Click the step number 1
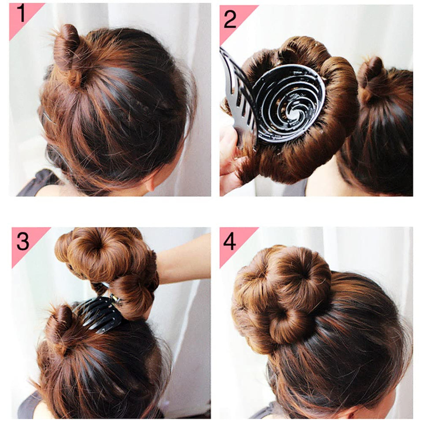(21, 14)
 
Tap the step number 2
(230, 19)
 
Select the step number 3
(22, 241)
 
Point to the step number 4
(230, 242)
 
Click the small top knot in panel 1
(67, 48)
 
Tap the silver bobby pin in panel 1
(48, 118)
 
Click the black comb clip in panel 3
(100, 313)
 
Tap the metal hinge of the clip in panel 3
(115, 299)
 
